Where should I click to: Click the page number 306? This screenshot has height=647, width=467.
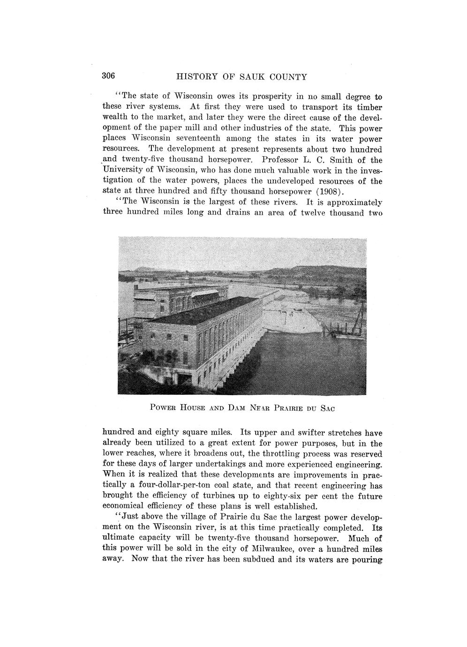109,76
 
